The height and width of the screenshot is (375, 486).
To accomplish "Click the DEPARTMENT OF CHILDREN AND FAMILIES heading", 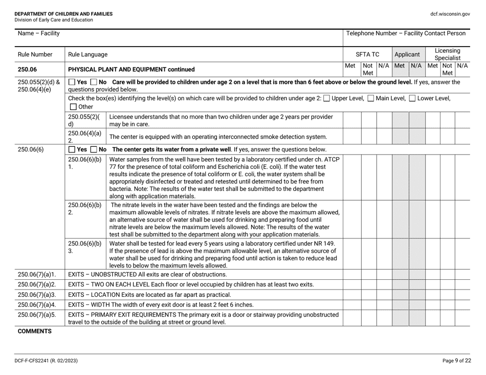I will (64, 14).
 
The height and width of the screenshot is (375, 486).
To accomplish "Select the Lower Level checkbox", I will (413, 98).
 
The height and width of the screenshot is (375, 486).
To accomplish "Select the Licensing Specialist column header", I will (448, 54).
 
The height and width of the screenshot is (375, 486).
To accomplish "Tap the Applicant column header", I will (407, 54).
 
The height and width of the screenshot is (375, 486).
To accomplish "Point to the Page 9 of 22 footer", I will (456, 361).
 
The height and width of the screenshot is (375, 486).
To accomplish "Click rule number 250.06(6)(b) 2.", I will (85, 209).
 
